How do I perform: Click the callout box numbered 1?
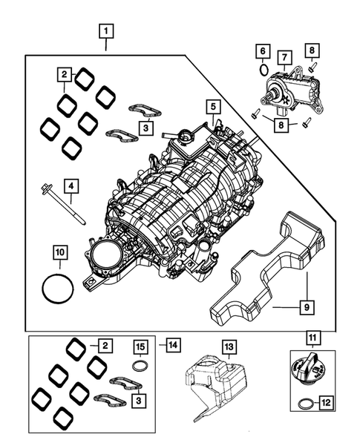[x=108, y=31]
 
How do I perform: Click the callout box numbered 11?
[x=313, y=341]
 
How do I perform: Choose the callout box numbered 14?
[x=172, y=344]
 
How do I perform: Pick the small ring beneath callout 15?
[x=138, y=366]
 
